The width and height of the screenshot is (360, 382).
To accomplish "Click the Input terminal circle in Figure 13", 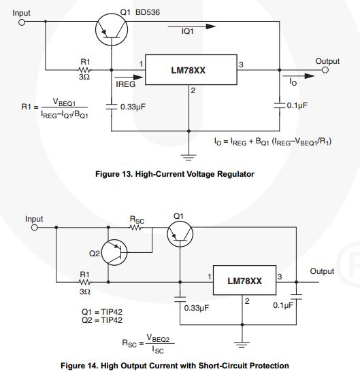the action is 22,22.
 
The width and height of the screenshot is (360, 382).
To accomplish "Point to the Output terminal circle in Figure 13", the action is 325,70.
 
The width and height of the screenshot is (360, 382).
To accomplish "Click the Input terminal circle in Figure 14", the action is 35,228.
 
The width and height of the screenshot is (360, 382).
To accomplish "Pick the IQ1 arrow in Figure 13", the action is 191,27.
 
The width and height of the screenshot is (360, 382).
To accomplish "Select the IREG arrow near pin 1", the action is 129,77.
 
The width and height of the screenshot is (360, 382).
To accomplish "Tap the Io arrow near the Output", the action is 298,76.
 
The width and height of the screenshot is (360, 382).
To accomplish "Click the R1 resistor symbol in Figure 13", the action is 84,70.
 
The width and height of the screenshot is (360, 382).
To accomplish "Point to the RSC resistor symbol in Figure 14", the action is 135,228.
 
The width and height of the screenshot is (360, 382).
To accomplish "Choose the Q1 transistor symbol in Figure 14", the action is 180,234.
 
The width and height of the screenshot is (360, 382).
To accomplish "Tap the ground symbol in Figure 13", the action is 189,158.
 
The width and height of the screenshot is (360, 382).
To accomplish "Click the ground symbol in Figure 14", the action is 242,345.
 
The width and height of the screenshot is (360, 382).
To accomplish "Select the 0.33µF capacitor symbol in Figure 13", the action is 112,107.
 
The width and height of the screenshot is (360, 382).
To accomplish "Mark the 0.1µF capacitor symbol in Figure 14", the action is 296,297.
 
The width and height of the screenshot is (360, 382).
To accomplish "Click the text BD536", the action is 148,12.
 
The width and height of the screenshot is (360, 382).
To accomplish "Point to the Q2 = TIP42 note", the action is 102,320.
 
